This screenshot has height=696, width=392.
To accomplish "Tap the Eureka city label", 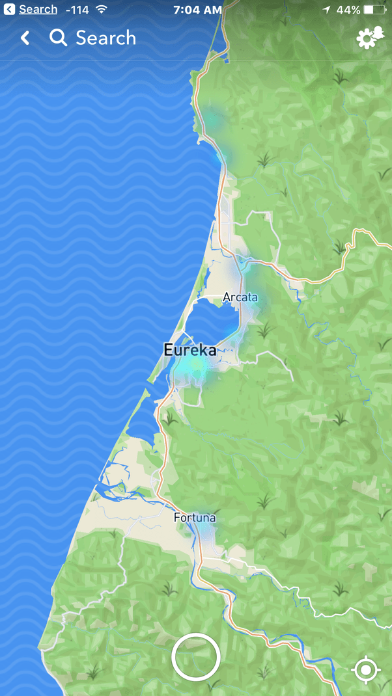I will coord(189,350).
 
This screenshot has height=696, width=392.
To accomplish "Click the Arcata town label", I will coord(240,297).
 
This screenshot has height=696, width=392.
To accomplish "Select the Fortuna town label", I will coord(195,518).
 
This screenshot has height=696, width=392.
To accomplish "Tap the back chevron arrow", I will coord(25,38).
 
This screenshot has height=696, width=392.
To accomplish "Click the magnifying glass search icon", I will coord(59,38).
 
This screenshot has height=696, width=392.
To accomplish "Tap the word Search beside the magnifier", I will coord(105,38).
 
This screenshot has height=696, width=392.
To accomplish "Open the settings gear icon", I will coord(370,38).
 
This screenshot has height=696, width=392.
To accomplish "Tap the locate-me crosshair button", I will coord(365,669).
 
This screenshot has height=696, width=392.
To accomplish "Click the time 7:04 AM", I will coord(197,10).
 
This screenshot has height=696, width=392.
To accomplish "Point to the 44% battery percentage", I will coord(348,10).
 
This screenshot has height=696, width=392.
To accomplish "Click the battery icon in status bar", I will coord(376,10).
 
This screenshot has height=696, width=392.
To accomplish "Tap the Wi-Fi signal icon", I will coord(101,10).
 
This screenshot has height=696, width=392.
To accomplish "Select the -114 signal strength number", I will coord(77,10).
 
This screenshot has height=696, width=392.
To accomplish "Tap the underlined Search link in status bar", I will coord(38,10).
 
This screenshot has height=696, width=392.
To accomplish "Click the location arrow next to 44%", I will coord(326,10).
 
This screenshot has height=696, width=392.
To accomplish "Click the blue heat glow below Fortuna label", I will coord(206,533).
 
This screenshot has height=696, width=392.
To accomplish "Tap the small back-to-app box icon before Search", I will coord(10,10).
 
